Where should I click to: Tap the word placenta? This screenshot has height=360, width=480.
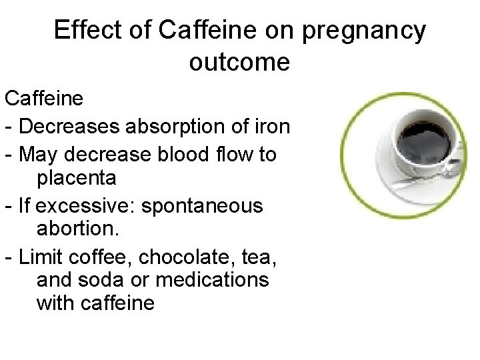tap(77, 179)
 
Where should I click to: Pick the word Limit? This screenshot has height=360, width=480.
tap(41, 255)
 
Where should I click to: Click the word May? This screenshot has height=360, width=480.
tap(38, 154)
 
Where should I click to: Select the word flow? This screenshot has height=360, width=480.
tap(237, 154)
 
